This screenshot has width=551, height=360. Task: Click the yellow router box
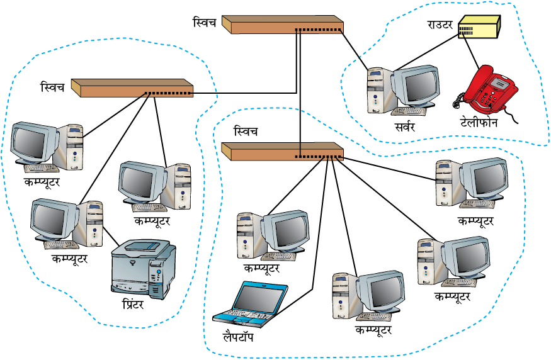click(x=479, y=26)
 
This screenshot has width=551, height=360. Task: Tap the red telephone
click(x=490, y=89)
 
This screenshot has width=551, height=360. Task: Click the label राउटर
click(x=440, y=25)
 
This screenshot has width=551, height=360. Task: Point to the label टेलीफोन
click(x=479, y=122)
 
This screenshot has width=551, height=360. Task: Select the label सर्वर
click(x=405, y=127)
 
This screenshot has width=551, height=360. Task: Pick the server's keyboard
click(x=409, y=111)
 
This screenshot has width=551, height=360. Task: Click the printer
click(x=144, y=269)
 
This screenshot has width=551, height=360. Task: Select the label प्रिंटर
click(x=133, y=303)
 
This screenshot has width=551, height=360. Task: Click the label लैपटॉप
click(x=238, y=337)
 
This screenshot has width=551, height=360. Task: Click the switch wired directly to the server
click(x=283, y=25)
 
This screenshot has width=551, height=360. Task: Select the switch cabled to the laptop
click(x=283, y=152)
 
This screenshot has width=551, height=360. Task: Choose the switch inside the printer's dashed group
click(x=132, y=88)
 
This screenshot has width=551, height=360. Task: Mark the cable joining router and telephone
click(x=470, y=52)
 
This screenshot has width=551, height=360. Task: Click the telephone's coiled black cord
click(x=458, y=101)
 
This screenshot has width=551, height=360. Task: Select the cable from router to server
click(x=428, y=53)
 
